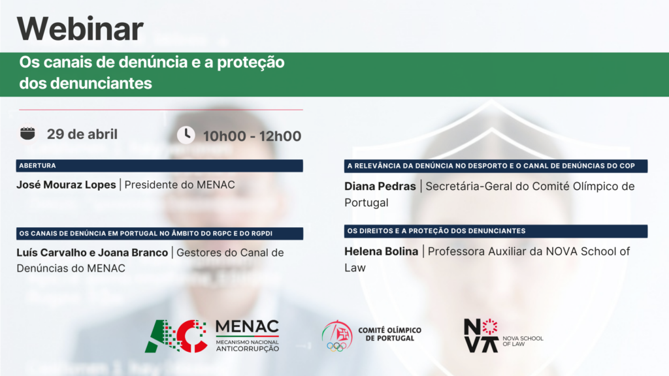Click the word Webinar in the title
(80, 29)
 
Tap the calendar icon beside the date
(27, 133)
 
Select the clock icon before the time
(186, 134)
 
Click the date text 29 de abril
(82, 134)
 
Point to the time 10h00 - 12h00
(252, 136)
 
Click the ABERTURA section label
(37, 165)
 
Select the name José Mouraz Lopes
(66, 185)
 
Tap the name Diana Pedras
(380, 186)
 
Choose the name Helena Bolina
(382, 251)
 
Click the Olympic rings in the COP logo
(336, 347)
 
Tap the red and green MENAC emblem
(176, 336)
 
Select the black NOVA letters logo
(481, 336)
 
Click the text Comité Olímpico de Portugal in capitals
(389, 334)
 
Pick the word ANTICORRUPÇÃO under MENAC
(248, 349)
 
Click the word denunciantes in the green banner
(101, 83)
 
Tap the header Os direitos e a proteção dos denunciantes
(436, 231)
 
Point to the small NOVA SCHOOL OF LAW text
(523, 341)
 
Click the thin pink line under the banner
(161, 110)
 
